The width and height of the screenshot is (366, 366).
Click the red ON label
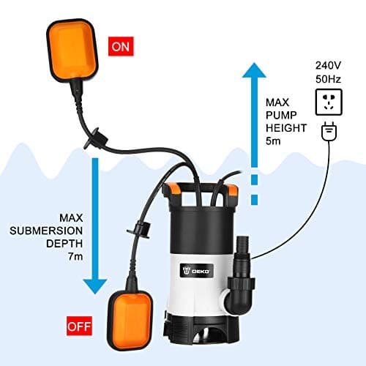120,48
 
